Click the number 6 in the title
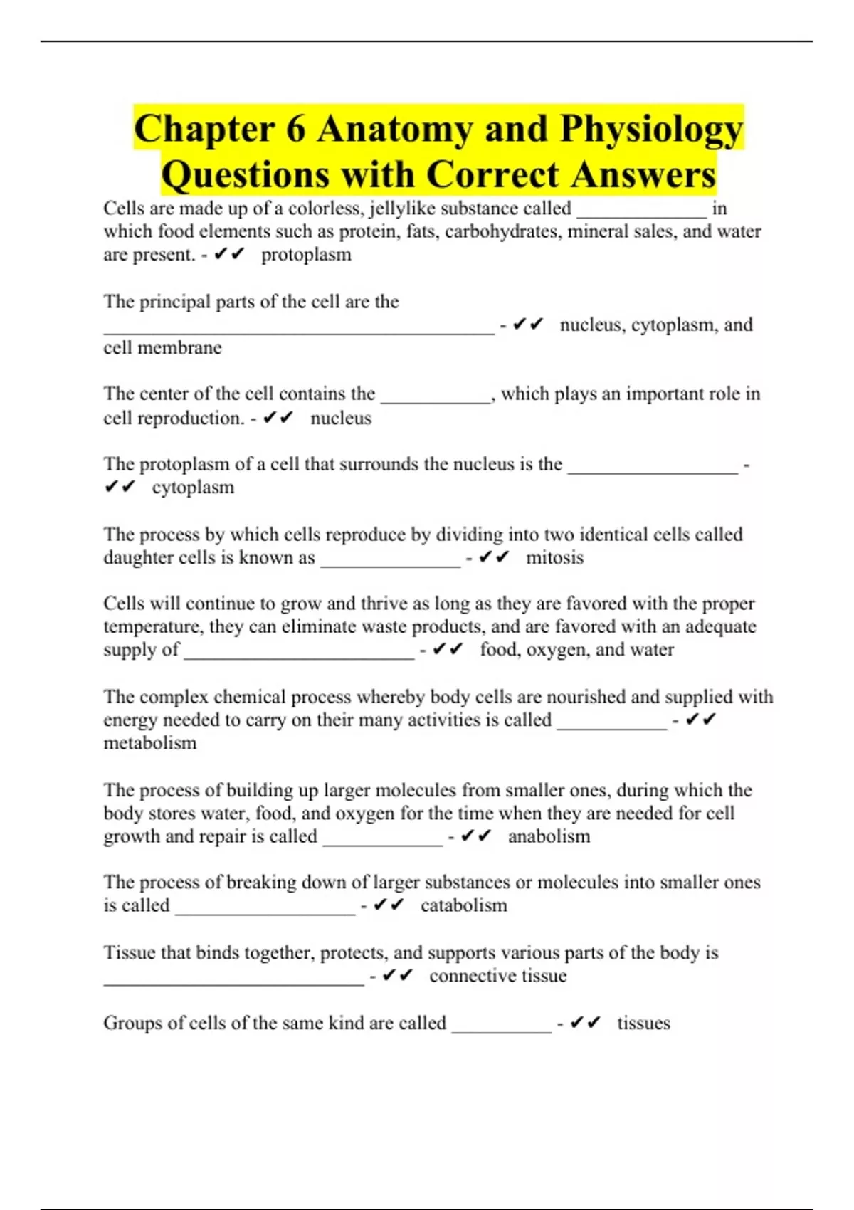coord(296,129)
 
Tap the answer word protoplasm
coord(306,255)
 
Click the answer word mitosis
coord(554,557)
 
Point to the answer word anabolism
coord(549,836)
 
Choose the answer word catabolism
coord(463,905)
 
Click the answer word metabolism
coord(149,743)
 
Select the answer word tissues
coord(643,1024)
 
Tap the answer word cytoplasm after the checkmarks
coord(193,488)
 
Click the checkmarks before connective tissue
coord(397,975)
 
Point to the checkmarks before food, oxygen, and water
coord(448,649)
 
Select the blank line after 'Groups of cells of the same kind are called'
coord(502,1028)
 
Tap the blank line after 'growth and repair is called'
coord(383,842)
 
